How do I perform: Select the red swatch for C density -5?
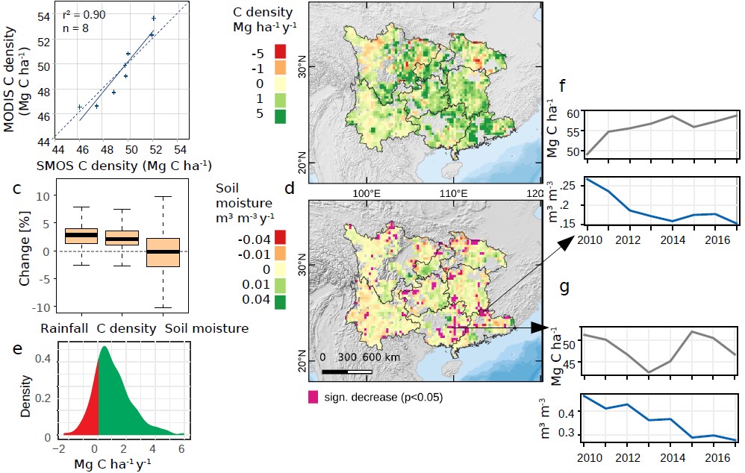point(281,51)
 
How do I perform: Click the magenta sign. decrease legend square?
point(313,396)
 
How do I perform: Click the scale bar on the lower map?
point(347,370)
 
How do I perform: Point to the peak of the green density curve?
point(104,347)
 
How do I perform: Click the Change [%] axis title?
point(23,251)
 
